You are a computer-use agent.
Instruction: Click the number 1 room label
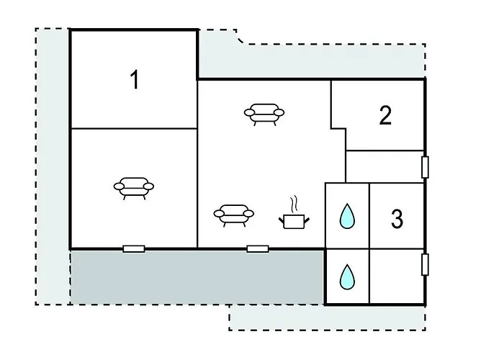pyautogui.click(x=135, y=80)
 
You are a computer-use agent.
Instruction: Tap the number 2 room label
pyautogui.click(x=385, y=115)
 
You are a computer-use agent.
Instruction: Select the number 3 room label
pyautogui.click(x=397, y=219)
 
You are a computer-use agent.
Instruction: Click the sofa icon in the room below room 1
pyautogui.click(x=134, y=189)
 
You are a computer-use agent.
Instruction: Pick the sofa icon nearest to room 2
pyautogui.click(x=264, y=114)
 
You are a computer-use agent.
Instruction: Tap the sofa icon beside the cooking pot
pyautogui.click(x=234, y=216)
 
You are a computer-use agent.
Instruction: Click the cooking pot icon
pyautogui.click(x=294, y=221)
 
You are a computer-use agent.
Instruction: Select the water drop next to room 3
pyautogui.click(x=347, y=217)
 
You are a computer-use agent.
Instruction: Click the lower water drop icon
pyautogui.click(x=347, y=276)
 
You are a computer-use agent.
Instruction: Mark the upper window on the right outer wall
pyautogui.click(x=425, y=167)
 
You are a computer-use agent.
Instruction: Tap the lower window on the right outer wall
pyautogui.click(x=425, y=264)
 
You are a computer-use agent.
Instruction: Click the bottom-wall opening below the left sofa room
pyautogui.click(x=134, y=249)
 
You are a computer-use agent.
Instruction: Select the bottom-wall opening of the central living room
pyautogui.click(x=258, y=249)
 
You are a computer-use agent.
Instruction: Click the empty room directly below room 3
pyautogui.click(x=397, y=276)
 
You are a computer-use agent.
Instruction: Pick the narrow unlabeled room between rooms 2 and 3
pyautogui.click(x=384, y=166)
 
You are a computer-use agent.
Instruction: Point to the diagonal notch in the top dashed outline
pyautogui.click(x=240, y=38)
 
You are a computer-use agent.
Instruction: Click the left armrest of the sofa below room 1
pyautogui.click(x=119, y=186)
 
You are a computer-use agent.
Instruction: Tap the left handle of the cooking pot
pyautogui.click(x=282, y=220)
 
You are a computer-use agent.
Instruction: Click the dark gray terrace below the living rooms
pyautogui.click(x=197, y=276)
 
